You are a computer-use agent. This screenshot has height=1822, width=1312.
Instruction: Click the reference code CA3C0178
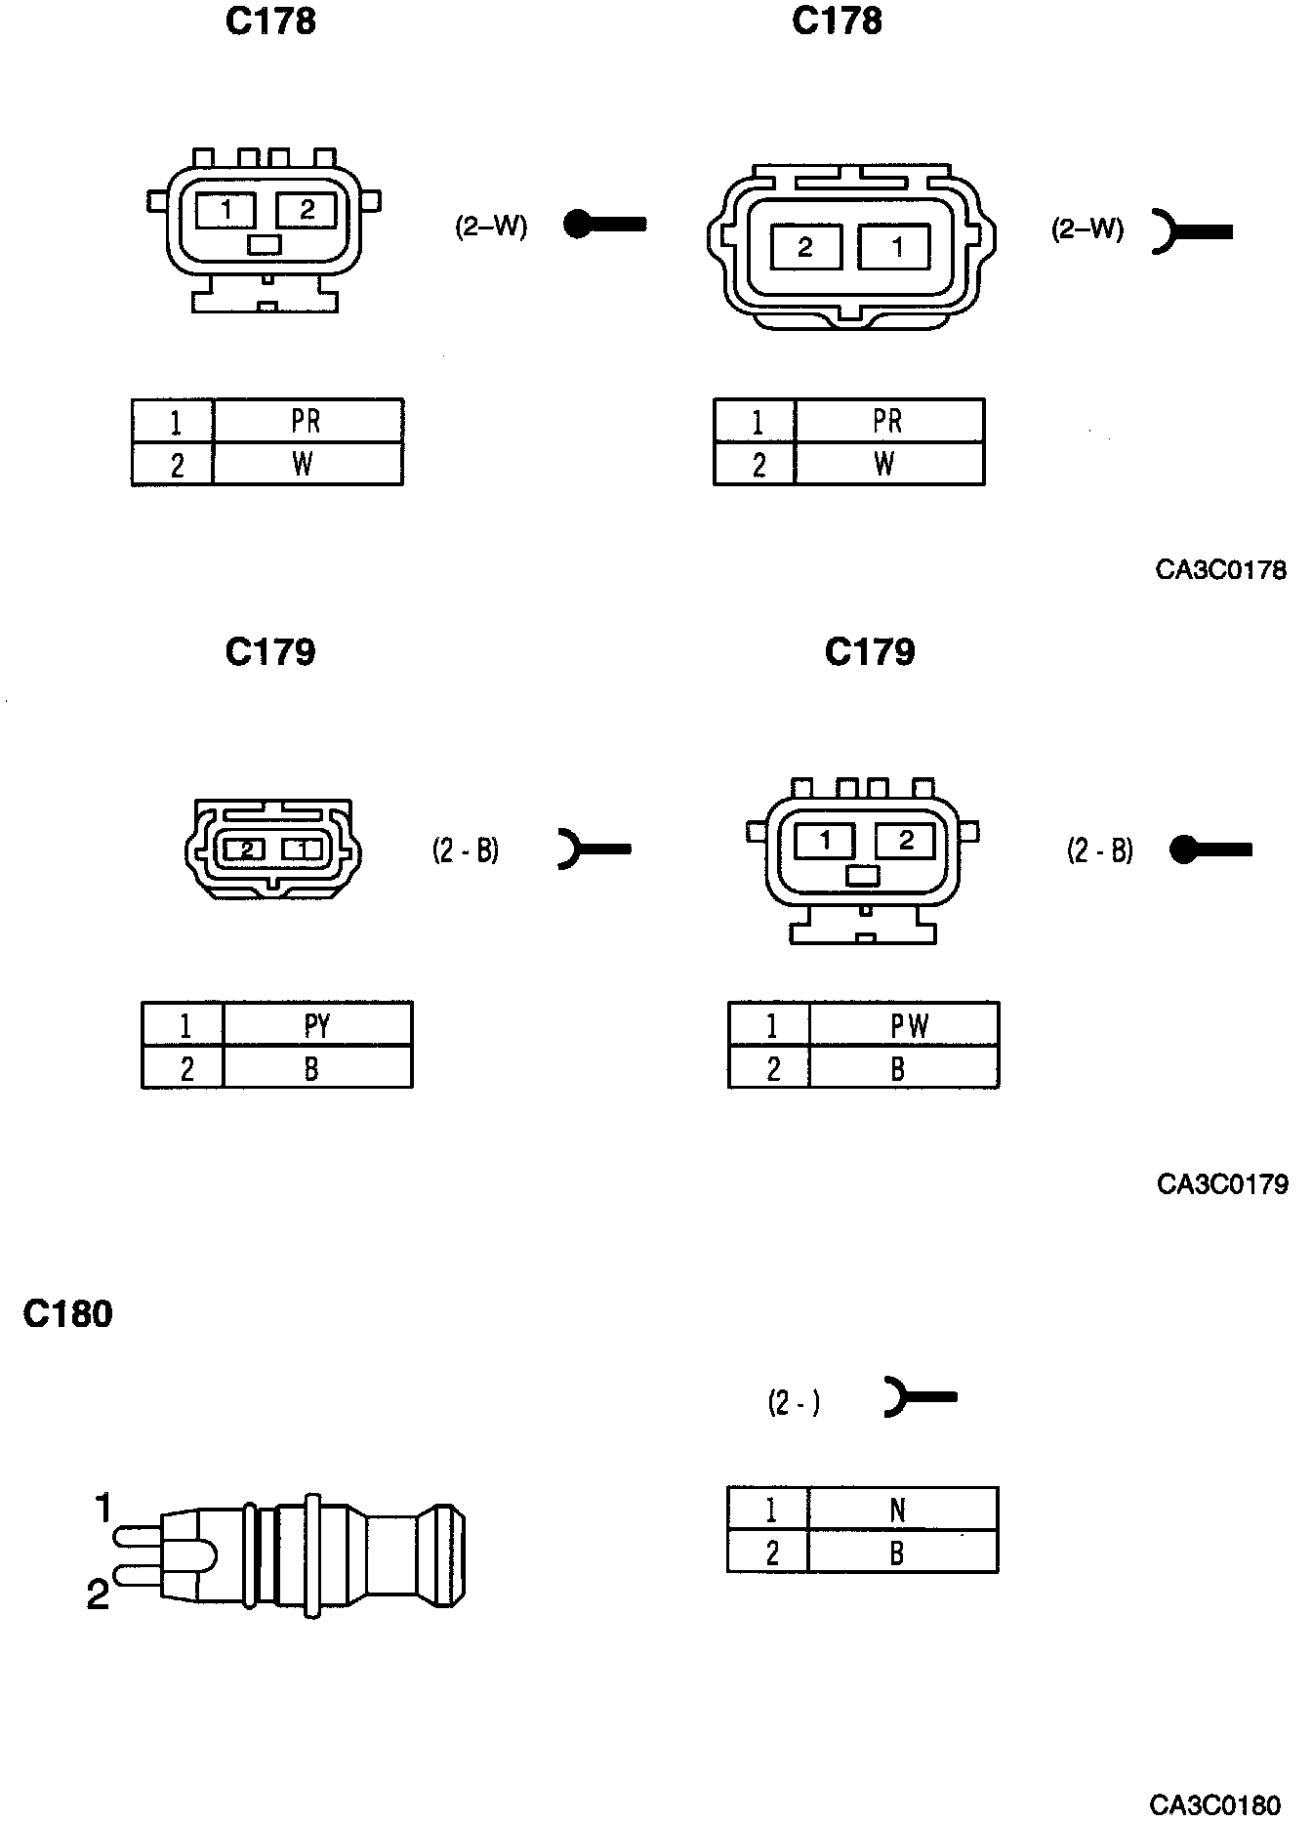(x=1220, y=570)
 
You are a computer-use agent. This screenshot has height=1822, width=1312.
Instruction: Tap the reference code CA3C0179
(x=1221, y=1184)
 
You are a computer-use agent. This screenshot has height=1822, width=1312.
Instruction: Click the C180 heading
(x=67, y=1314)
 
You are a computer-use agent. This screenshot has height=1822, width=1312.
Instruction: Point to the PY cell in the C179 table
(x=317, y=1025)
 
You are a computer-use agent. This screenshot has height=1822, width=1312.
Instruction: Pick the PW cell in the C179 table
(x=908, y=1025)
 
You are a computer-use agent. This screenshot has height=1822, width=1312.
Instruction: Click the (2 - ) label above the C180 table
(x=793, y=1404)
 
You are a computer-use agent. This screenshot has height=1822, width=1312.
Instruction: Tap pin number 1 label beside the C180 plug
(x=103, y=1509)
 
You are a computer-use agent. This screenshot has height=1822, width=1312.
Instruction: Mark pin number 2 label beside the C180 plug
(x=98, y=1595)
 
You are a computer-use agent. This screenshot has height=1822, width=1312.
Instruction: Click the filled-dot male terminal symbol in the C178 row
(x=604, y=225)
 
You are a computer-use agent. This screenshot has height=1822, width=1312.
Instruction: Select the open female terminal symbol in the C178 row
(x=1191, y=231)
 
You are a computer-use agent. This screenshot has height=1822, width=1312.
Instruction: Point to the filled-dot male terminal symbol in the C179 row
(x=1209, y=850)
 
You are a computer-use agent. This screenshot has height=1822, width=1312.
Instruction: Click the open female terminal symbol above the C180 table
(x=919, y=1397)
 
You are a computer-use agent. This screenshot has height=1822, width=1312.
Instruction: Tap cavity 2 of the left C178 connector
(x=307, y=210)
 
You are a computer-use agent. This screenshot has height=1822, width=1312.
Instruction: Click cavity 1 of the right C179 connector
(x=825, y=841)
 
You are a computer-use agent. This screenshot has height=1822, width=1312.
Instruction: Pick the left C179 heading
(x=270, y=652)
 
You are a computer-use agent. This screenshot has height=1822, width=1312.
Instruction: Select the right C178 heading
(x=837, y=21)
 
